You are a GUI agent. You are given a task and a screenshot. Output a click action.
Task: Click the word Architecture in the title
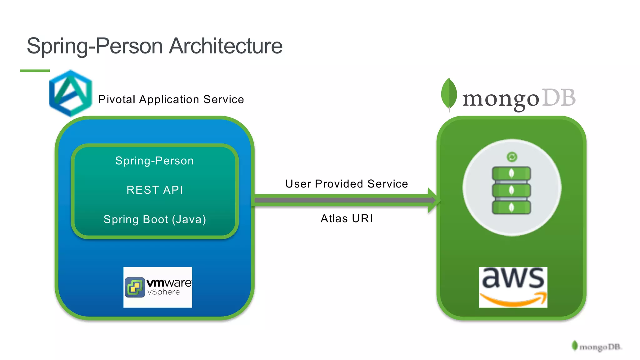pyautogui.click(x=226, y=46)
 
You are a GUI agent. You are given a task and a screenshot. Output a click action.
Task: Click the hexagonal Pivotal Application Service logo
pyautogui.click(x=71, y=93)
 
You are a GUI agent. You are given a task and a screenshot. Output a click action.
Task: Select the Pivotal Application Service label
pyautogui.click(x=171, y=99)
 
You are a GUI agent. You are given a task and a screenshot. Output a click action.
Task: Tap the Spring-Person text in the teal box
pyautogui.click(x=154, y=161)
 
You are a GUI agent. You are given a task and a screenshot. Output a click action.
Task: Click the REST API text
pyautogui.click(x=154, y=190)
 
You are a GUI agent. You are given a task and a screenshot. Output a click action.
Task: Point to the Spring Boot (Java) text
pyautogui.click(x=154, y=219)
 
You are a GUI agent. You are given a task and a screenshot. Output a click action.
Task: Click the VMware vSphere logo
pyautogui.click(x=157, y=287)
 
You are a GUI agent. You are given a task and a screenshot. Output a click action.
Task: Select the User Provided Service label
pyautogui.click(x=346, y=184)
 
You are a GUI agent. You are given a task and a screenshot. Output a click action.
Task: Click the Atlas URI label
pyautogui.click(x=346, y=218)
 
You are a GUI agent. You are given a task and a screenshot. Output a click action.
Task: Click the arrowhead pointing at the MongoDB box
pyautogui.click(x=434, y=200)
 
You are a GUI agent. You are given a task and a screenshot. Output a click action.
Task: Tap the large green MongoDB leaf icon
pyautogui.click(x=449, y=93)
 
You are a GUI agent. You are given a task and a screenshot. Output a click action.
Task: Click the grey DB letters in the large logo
pyautogui.click(x=558, y=98)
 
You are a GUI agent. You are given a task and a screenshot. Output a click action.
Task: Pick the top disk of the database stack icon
pyautogui.click(x=511, y=173)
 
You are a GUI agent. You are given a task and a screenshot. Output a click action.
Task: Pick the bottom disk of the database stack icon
pyautogui.click(x=511, y=207)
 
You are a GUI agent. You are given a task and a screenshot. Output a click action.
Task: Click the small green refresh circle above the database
pyautogui.click(x=512, y=157)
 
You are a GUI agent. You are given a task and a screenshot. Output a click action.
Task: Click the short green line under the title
pyautogui.click(x=35, y=71)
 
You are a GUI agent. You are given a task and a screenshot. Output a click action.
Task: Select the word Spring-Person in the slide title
pyautogui.click(x=94, y=46)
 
